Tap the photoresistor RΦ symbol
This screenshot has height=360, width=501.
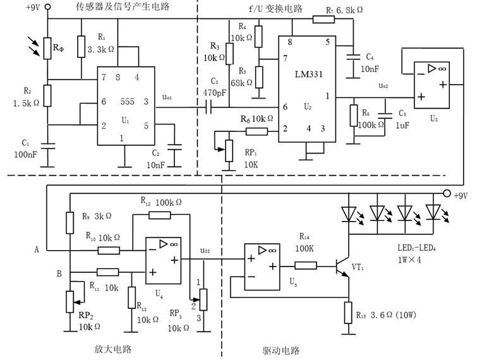[46, 47]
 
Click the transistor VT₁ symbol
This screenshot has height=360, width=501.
[344, 267]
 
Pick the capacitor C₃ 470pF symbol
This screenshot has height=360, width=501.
[208, 109]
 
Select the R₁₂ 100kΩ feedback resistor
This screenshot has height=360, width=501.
[159, 215]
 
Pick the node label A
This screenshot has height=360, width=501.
[37, 249]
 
